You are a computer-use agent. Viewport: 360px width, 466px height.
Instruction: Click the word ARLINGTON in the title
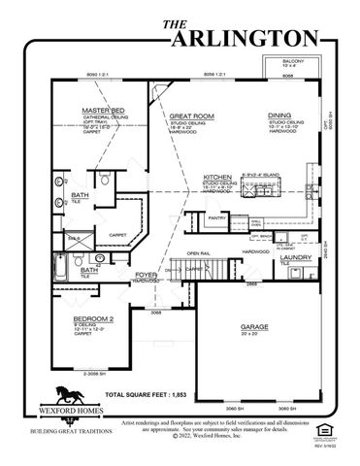tap(244, 37)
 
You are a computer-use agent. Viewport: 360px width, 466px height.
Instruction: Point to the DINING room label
tap(279, 114)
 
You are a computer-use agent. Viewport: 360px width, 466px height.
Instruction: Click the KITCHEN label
tap(217, 177)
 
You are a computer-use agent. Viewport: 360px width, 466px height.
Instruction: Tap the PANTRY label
tap(216, 217)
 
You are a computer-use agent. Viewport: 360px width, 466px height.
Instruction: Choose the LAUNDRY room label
tap(296, 256)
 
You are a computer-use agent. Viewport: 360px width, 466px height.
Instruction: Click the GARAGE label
tap(254, 327)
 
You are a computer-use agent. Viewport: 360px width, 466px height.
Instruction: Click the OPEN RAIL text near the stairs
tap(200, 253)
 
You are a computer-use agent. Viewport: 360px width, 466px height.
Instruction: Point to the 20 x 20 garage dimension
tap(254, 334)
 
